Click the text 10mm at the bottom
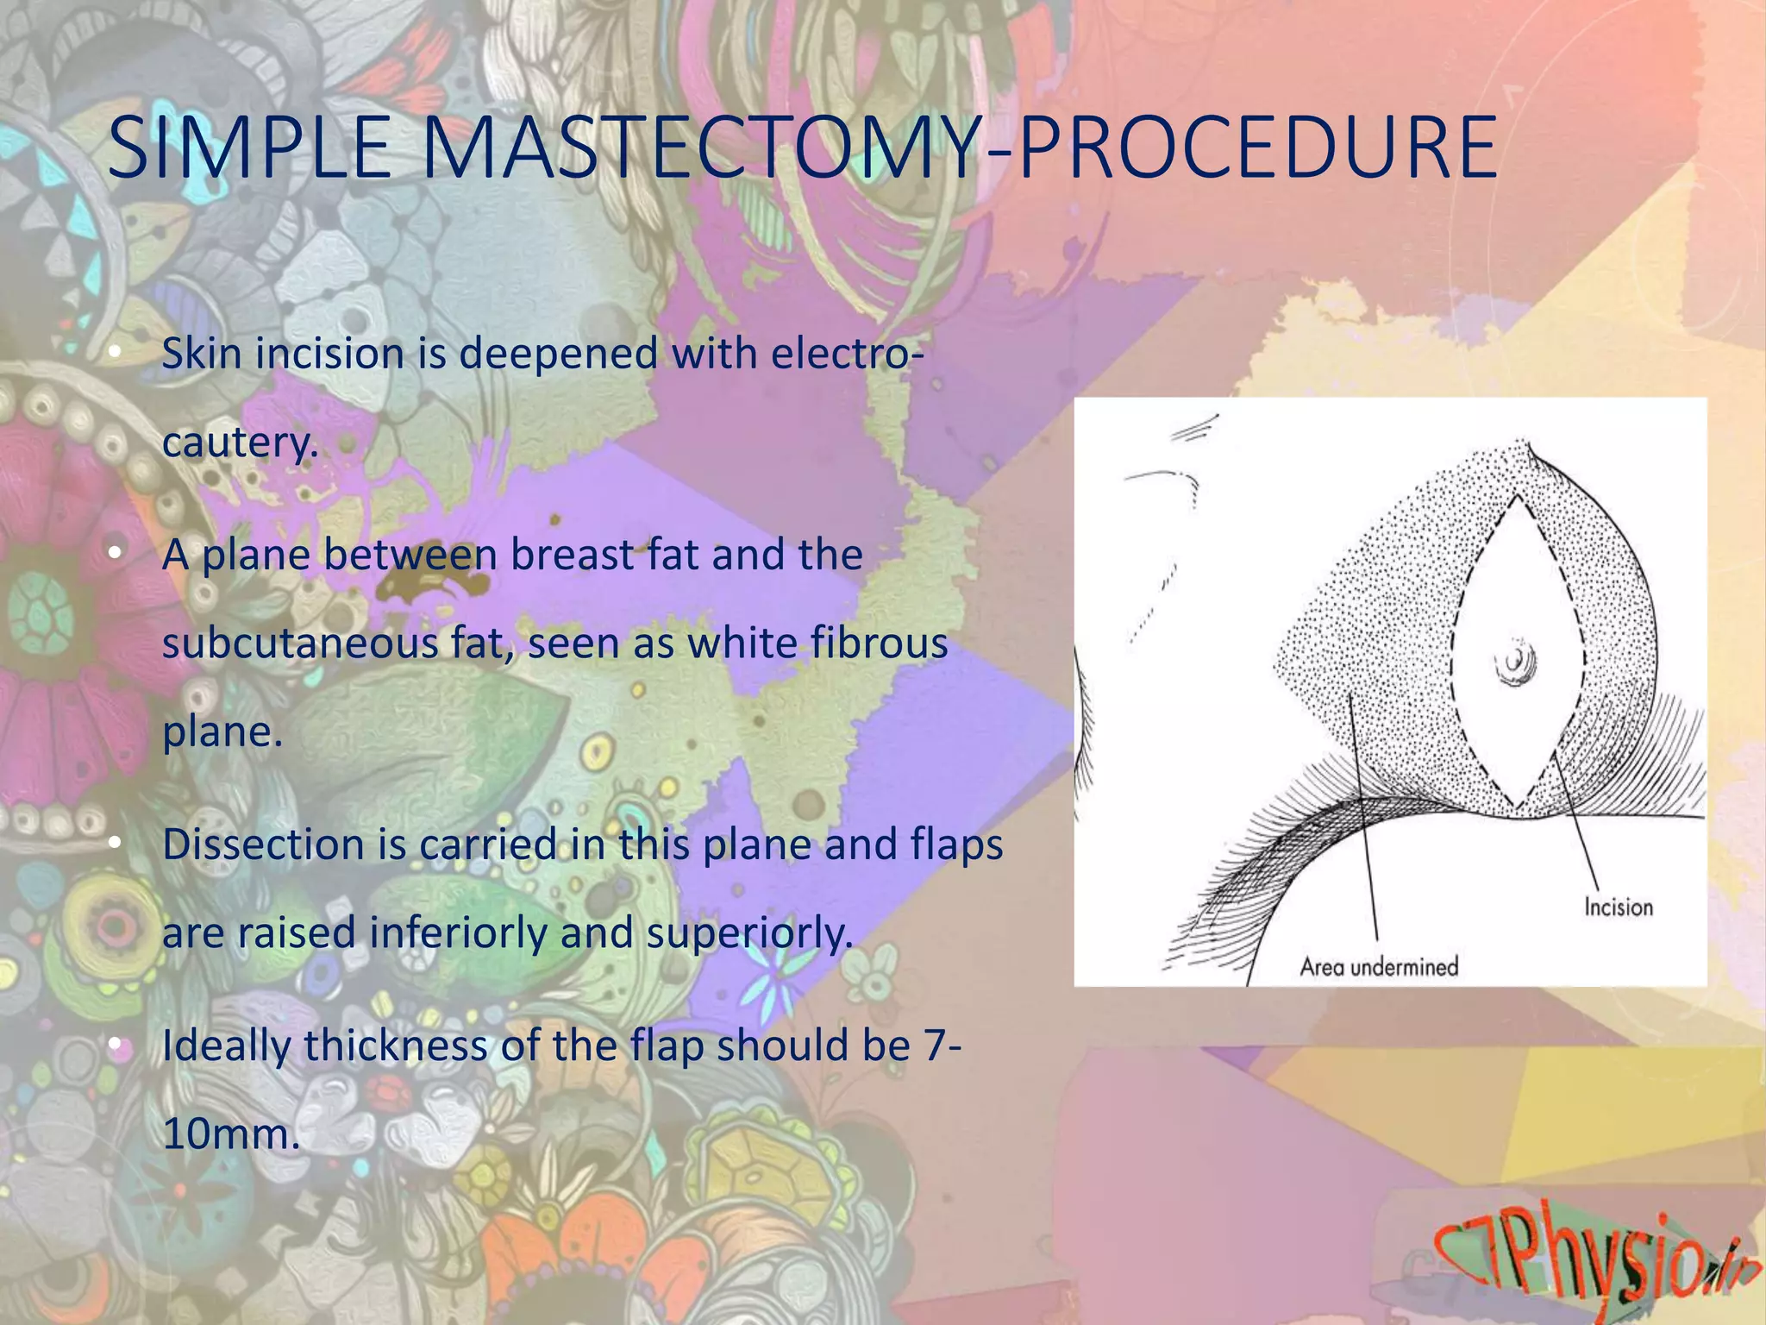pyautogui.click(x=229, y=1133)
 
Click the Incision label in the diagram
pyautogui.click(x=1618, y=907)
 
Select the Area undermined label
pyautogui.click(x=1378, y=966)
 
